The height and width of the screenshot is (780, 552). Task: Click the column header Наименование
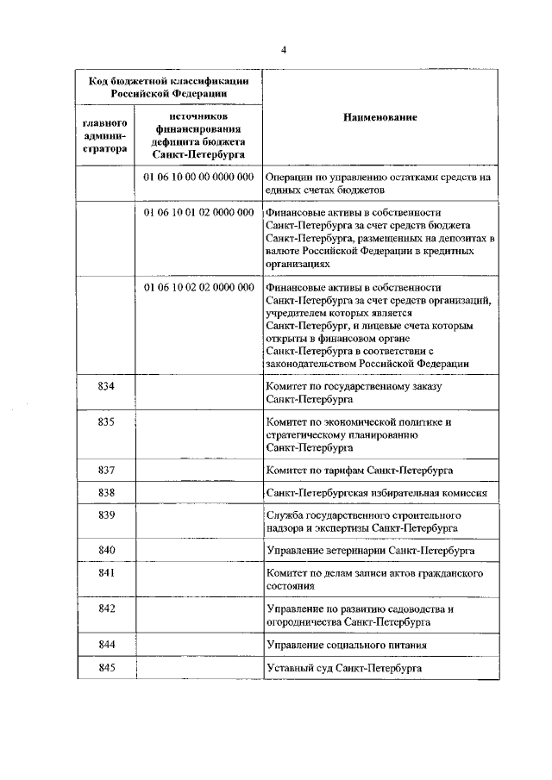pos(379,117)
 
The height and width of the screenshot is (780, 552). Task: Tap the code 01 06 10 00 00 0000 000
pos(198,176)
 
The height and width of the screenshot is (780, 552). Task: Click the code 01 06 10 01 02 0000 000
pos(198,211)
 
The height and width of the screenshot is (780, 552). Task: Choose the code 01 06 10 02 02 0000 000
pos(198,286)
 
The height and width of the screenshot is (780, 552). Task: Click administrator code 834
pos(107,386)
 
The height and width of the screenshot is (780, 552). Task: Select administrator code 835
pos(107,421)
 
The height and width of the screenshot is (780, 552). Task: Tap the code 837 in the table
pos(107,470)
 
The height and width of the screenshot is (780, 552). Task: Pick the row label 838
pos(107,492)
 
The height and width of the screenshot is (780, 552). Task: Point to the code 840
pos(107,549)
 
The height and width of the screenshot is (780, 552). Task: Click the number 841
pos(107,572)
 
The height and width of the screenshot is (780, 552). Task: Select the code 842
pos(107,608)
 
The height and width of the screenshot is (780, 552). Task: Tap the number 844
pos(107,644)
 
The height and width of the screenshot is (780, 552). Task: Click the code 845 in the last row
pos(107,667)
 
